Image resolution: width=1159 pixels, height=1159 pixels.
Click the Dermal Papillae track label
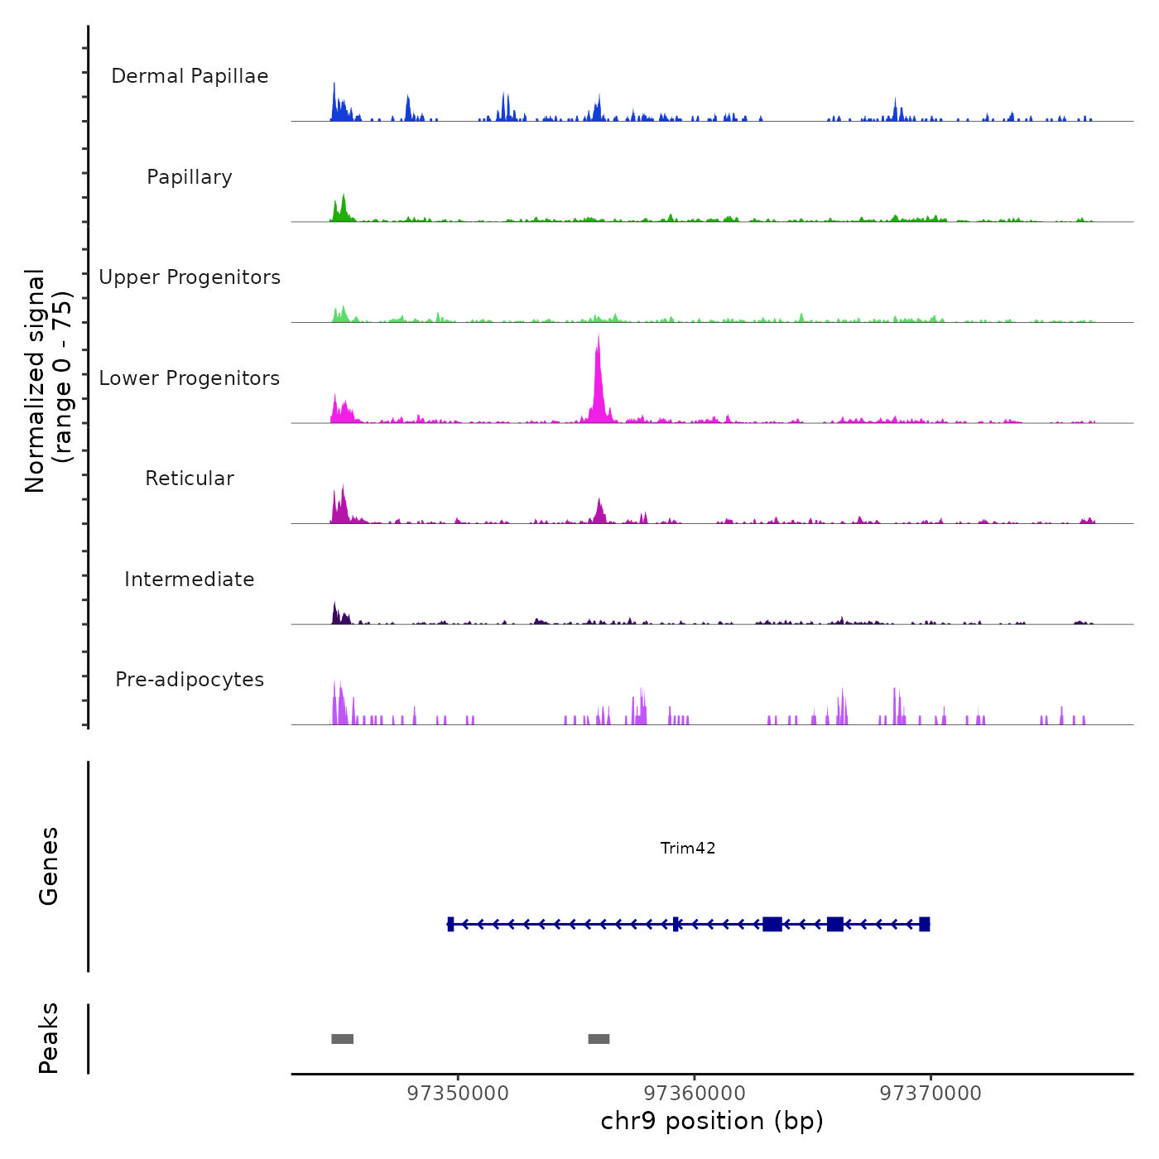190,76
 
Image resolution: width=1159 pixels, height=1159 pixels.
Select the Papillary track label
190,177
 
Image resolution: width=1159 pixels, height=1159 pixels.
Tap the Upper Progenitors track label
190,277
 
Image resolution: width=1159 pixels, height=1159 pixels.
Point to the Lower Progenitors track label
190,378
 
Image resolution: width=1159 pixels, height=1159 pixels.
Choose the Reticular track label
190,479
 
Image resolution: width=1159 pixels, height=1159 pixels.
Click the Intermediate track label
190,579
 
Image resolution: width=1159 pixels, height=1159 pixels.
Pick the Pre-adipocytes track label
190,680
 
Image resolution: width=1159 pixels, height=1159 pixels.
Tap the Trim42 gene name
688,848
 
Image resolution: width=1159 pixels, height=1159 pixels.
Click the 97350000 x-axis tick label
458,1094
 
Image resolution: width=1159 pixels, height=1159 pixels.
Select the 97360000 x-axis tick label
695,1094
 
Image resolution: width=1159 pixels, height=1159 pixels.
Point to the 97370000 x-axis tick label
931,1094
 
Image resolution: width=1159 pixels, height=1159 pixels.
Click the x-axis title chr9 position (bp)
712,1121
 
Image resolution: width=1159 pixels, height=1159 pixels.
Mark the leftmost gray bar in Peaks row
342,1039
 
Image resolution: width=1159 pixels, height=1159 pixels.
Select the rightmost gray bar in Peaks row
599,1039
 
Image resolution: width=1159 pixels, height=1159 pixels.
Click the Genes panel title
49,866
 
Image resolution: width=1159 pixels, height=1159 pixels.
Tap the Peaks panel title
49,1038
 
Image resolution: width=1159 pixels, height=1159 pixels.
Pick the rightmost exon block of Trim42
925,924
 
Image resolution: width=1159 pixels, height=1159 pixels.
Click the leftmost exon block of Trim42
450,924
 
